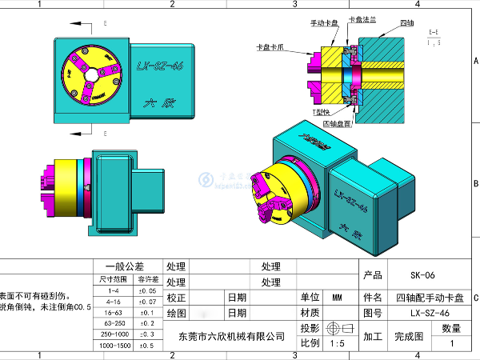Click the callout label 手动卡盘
point(325,24)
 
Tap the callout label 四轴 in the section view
point(407,24)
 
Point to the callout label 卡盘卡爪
point(270,47)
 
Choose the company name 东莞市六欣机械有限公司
point(232,336)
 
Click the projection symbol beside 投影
point(337,328)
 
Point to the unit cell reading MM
point(337,296)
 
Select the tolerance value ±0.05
point(147,291)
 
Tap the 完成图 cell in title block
point(408,336)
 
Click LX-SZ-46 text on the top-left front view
point(160,67)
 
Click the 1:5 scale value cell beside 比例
point(337,343)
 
